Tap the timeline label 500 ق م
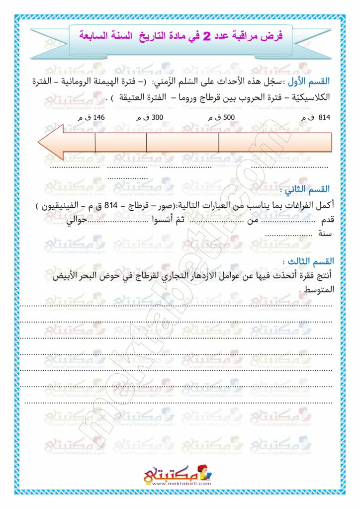point(217,118)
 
